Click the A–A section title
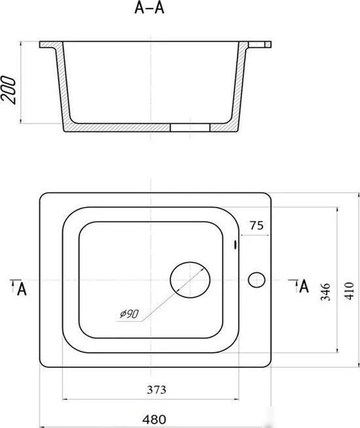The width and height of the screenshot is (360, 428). (x=149, y=8)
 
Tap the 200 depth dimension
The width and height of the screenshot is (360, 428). (x=8, y=90)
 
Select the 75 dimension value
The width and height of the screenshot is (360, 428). (x=257, y=226)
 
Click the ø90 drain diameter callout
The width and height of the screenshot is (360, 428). (x=130, y=314)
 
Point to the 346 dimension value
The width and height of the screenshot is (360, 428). (x=325, y=292)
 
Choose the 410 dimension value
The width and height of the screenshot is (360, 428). (x=350, y=291)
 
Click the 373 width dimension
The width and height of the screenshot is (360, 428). (x=156, y=389)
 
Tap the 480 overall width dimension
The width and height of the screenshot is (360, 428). (x=154, y=419)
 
